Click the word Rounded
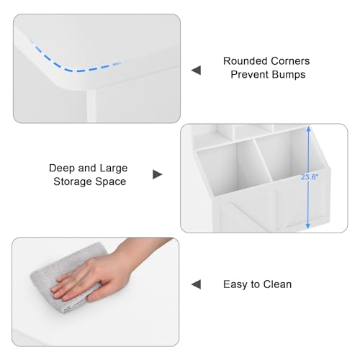[x=244, y=61]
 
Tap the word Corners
[x=289, y=61]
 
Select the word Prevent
[x=248, y=74]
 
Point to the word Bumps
[x=287, y=74]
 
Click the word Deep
[x=63, y=168]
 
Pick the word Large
[x=114, y=168]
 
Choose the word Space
[x=110, y=181]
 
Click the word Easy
[x=235, y=284]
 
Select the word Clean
[x=277, y=284]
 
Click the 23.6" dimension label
[x=310, y=177]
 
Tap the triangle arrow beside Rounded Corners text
[x=196, y=71]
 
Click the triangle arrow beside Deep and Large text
[x=158, y=174]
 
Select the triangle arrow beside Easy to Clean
[x=196, y=284]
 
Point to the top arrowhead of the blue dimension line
[x=309, y=129]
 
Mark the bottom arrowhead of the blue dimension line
[x=308, y=226]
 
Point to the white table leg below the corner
[x=91, y=106]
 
